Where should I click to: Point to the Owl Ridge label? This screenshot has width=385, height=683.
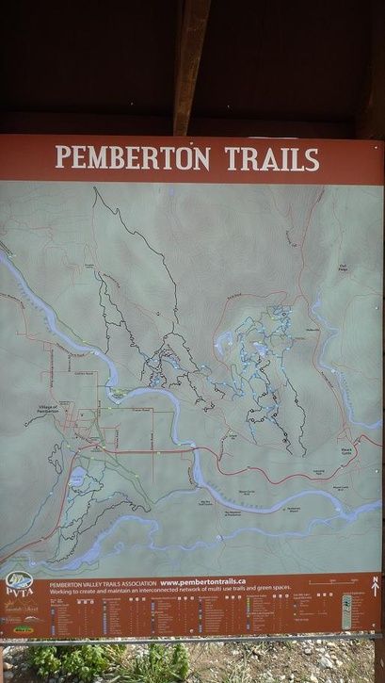pos(344,268)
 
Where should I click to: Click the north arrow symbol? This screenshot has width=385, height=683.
pos(375,585)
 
